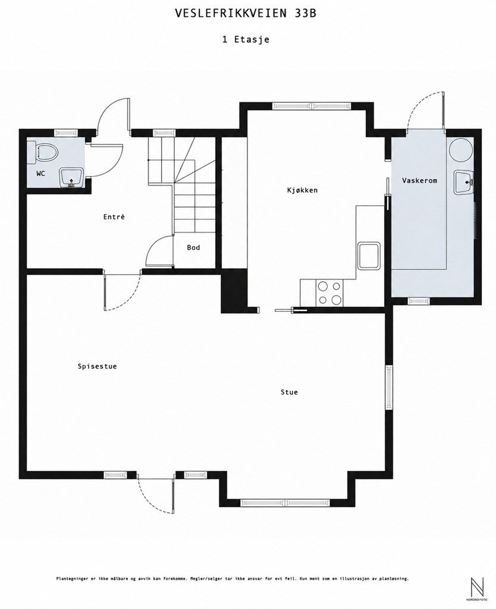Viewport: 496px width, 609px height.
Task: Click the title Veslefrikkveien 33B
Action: click(x=246, y=14)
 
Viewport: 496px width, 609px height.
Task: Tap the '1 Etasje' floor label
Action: click(x=246, y=39)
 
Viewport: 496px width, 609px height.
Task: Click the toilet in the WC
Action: click(x=43, y=152)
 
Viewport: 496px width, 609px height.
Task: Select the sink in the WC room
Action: click(x=71, y=177)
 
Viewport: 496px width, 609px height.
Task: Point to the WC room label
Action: click(x=40, y=173)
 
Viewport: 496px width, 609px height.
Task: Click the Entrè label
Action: click(x=114, y=216)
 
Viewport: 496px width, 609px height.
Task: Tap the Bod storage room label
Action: click(x=193, y=247)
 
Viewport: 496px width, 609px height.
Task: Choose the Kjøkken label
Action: click(x=303, y=190)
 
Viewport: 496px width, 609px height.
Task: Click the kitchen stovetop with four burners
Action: click(x=330, y=292)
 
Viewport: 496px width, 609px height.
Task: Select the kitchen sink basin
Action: click(x=369, y=256)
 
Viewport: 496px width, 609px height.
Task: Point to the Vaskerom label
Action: click(x=419, y=180)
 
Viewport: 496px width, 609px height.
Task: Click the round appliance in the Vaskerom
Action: click(x=461, y=150)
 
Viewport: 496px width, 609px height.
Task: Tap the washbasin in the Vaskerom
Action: click(x=463, y=183)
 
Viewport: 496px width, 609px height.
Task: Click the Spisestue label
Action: click(x=97, y=366)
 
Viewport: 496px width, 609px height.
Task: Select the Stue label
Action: click(x=290, y=392)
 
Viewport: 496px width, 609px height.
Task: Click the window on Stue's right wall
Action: click(x=388, y=387)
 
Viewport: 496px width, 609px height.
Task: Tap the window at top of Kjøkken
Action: click(x=312, y=105)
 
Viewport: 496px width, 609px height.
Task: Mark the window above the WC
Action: click(x=65, y=132)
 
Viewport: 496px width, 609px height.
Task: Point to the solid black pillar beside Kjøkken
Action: click(x=234, y=290)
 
